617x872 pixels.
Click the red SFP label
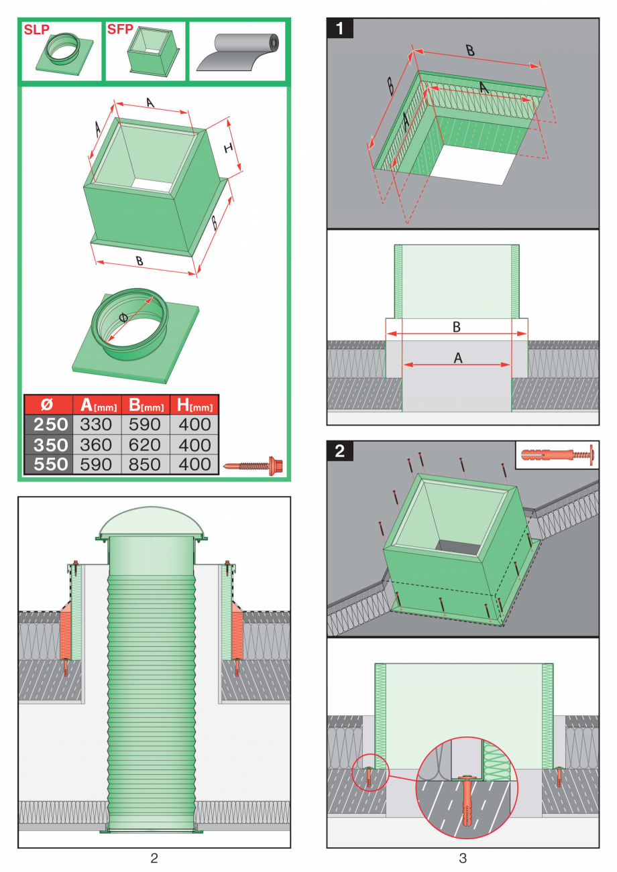pyautogui.click(x=120, y=30)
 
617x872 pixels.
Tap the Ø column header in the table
pyautogui.click(x=47, y=404)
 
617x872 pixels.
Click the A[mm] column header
pyautogui.click(x=97, y=404)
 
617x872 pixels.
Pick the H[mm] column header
pyautogui.click(x=194, y=404)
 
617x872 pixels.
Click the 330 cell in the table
pyautogui.click(x=97, y=424)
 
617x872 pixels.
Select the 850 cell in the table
pyautogui.click(x=146, y=464)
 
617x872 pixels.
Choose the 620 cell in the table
pyautogui.click(x=146, y=444)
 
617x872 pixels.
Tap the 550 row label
pyautogui.click(x=47, y=464)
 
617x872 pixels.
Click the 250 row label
pyautogui.click(x=47, y=424)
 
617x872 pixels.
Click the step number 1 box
pyautogui.click(x=340, y=29)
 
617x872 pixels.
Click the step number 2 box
pyautogui.click(x=340, y=450)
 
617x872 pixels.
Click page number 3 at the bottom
pyautogui.click(x=463, y=857)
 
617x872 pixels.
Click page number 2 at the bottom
pyautogui.click(x=154, y=857)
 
